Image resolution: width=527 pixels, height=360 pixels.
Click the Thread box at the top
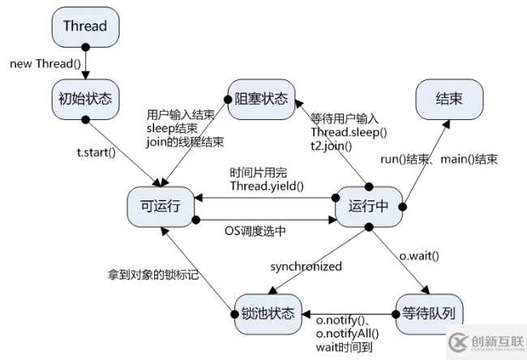[x=84, y=26]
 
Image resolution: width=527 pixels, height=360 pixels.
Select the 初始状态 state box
[x=84, y=99]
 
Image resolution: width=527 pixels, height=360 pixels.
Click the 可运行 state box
[x=161, y=207]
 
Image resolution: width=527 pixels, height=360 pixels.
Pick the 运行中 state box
[x=369, y=207]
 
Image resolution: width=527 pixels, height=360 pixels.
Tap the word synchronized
[x=306, y=266]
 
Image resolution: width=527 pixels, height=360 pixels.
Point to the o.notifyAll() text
[x=347, y=332]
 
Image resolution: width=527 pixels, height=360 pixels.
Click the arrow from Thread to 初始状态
[x=84, y=63]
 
